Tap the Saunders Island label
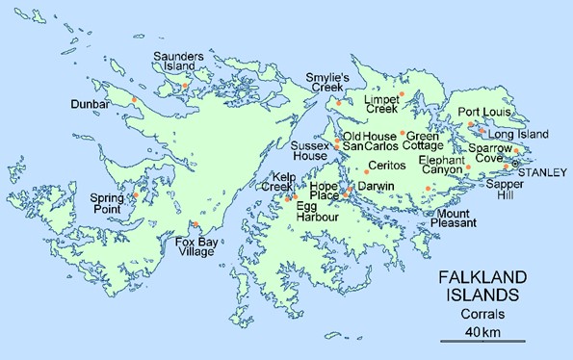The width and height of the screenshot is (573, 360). coord(182,63)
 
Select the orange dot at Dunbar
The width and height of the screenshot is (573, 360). coord(135,99)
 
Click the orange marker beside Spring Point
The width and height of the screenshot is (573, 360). coord(136,195)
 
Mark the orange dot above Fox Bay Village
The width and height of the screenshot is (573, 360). coord(196,225)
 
